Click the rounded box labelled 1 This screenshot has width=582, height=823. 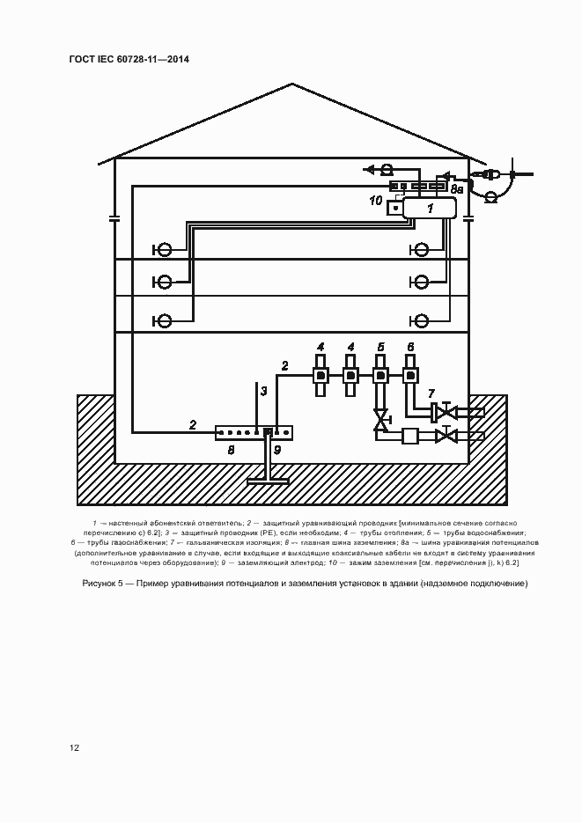(430, 209)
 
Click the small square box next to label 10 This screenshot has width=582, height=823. (395, 207)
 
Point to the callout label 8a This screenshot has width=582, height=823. (457, 188)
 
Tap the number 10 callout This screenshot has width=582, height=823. (376, 201)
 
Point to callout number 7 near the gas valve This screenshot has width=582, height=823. (431, 392)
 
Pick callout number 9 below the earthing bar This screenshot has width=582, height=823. (277, 450)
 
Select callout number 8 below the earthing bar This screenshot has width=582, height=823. (232, 449)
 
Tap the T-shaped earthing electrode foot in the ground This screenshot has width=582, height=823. (268, 480)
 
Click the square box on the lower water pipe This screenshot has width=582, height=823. (409, 436)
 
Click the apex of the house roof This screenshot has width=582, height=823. (292, 85)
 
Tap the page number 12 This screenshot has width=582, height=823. (75, 747)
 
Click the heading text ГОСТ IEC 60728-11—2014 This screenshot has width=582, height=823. (129, 59)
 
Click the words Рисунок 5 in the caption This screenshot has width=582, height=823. (105, 584)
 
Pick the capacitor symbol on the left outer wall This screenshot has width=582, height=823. (114, 218)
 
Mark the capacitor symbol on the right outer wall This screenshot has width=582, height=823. (468, 218)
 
